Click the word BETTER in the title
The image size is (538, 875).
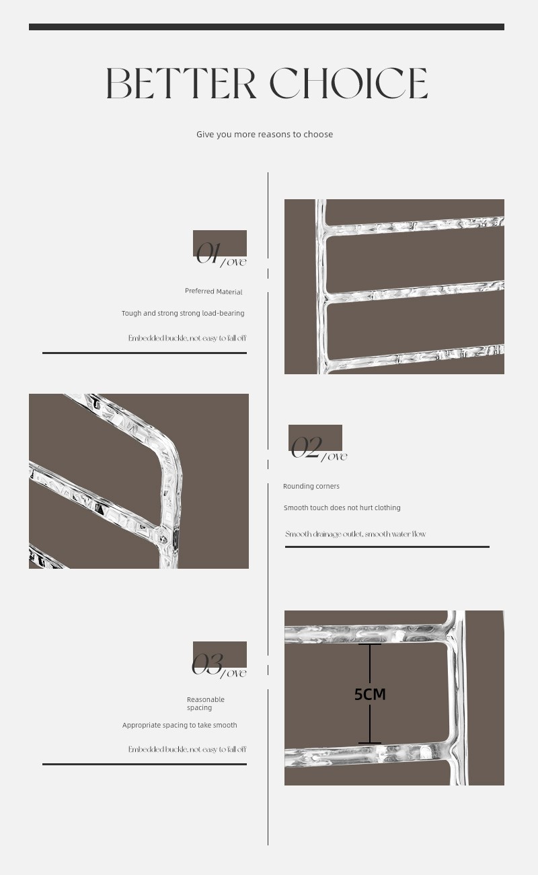(181, 83)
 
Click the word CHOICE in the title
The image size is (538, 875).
(348, 83)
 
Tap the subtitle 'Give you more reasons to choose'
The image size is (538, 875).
(265, 135)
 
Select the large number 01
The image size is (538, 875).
(208, 253)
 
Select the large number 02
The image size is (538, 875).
(307, 448)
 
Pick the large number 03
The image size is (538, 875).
(207, 664)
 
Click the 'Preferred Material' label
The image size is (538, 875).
(214, 291)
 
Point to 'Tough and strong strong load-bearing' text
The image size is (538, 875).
(183, 313)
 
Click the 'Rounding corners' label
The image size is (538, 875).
(311, 487)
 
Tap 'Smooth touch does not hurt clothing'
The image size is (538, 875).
(342, 508)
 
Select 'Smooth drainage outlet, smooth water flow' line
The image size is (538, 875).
(355, 534)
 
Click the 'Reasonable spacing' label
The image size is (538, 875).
(206, 703)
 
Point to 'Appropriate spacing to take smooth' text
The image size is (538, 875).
(180, 725)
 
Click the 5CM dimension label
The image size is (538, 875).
(370, 694)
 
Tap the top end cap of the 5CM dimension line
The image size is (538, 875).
(370, 644)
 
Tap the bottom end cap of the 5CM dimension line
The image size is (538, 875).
(370, 743)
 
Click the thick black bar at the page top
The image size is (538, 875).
(267, 27)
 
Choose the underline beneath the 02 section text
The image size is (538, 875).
(387, 547)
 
